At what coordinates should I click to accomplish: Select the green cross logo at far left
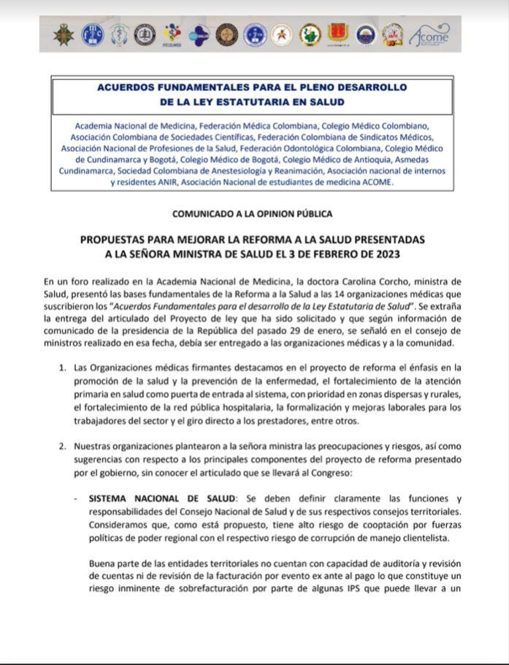click(x=65, y=34)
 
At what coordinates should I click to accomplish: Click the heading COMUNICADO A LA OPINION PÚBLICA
click(x=252, y=214)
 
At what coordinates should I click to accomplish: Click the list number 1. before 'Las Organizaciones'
click(x=63, y=367)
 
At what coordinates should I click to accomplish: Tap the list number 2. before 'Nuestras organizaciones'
click(x=63, y=446)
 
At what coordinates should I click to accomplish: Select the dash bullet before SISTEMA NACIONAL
click(x=77, y=498)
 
